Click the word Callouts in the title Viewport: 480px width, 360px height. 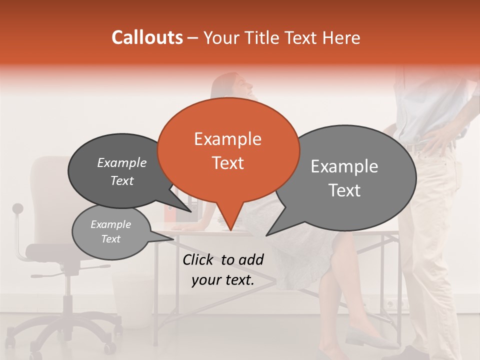[147, 37]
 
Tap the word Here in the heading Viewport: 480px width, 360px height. [341, 37]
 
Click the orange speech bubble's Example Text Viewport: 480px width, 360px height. [228, 151]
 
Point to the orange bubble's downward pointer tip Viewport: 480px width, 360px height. [230, 229]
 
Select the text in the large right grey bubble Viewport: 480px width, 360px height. [344, 178]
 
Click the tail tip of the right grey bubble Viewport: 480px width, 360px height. [267, 234]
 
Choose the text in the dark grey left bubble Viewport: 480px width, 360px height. [121, 171]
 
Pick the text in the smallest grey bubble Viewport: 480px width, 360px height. [110, 231]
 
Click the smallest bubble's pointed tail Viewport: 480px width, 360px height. [173, 238]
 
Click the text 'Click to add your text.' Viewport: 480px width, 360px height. [222, 269]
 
